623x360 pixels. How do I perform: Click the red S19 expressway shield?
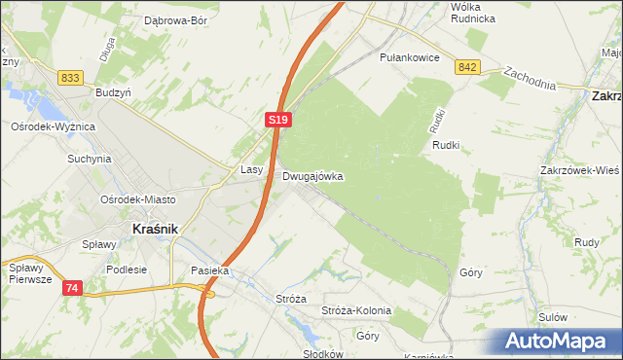278,120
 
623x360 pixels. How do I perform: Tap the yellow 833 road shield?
69,78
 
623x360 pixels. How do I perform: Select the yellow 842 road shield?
467,66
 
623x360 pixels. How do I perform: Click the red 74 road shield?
73,288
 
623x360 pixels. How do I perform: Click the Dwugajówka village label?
312,177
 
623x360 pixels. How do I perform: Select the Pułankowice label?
410,57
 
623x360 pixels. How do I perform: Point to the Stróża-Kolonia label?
356,311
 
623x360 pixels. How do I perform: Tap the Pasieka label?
209,271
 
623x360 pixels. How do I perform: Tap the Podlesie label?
127,270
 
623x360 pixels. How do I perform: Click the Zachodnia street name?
530,78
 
